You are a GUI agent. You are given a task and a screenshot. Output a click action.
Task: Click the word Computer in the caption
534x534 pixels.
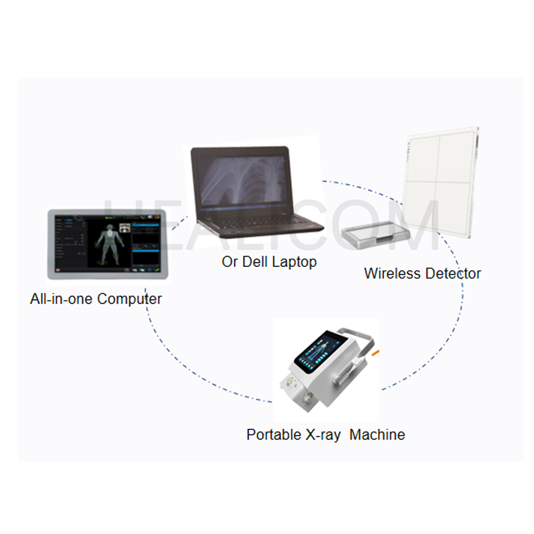[129, 299]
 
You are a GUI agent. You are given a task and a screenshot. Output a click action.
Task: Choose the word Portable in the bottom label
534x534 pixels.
[274, 434]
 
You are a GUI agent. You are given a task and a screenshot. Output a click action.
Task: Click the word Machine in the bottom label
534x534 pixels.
[377, 434]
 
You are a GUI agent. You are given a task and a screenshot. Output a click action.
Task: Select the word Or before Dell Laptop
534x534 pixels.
[230, 262]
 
